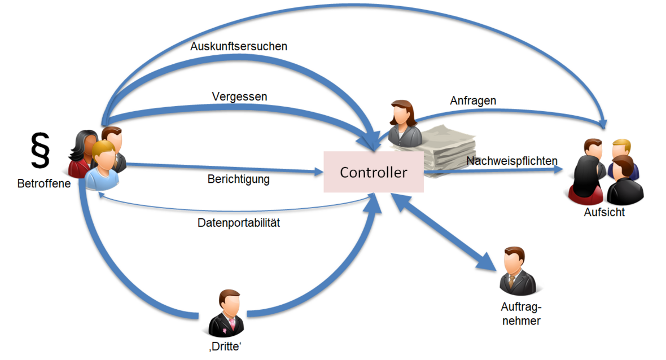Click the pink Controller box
coord(373,172)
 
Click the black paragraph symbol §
coord(40,150)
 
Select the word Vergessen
coord(239,96)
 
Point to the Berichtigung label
coord(238,180)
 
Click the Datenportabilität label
coord(239,222)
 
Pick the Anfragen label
coord(473,100)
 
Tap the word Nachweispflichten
coord(512,161)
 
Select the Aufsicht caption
coord(605,212)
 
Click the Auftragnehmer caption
coord(520,314)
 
